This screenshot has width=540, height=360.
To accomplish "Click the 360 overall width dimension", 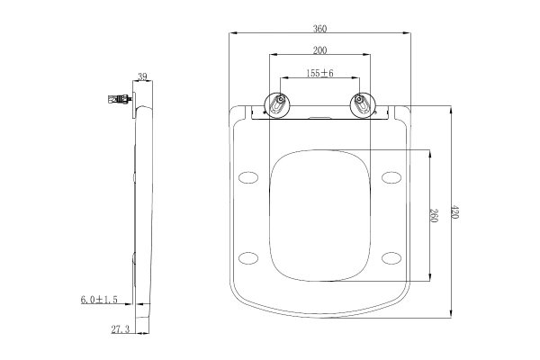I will [x=319, y=27].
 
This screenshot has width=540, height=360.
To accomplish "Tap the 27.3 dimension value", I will [x=120, y=329].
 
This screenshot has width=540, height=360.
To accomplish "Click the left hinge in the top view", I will [x=280, y=105].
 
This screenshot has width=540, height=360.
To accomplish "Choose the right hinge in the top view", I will [x=360, y=105].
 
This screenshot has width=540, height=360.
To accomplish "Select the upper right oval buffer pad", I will [x=391, y=176].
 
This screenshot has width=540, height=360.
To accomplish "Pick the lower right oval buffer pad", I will [x=391, y=258].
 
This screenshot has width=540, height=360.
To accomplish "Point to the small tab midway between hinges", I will [x=319, y=116].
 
